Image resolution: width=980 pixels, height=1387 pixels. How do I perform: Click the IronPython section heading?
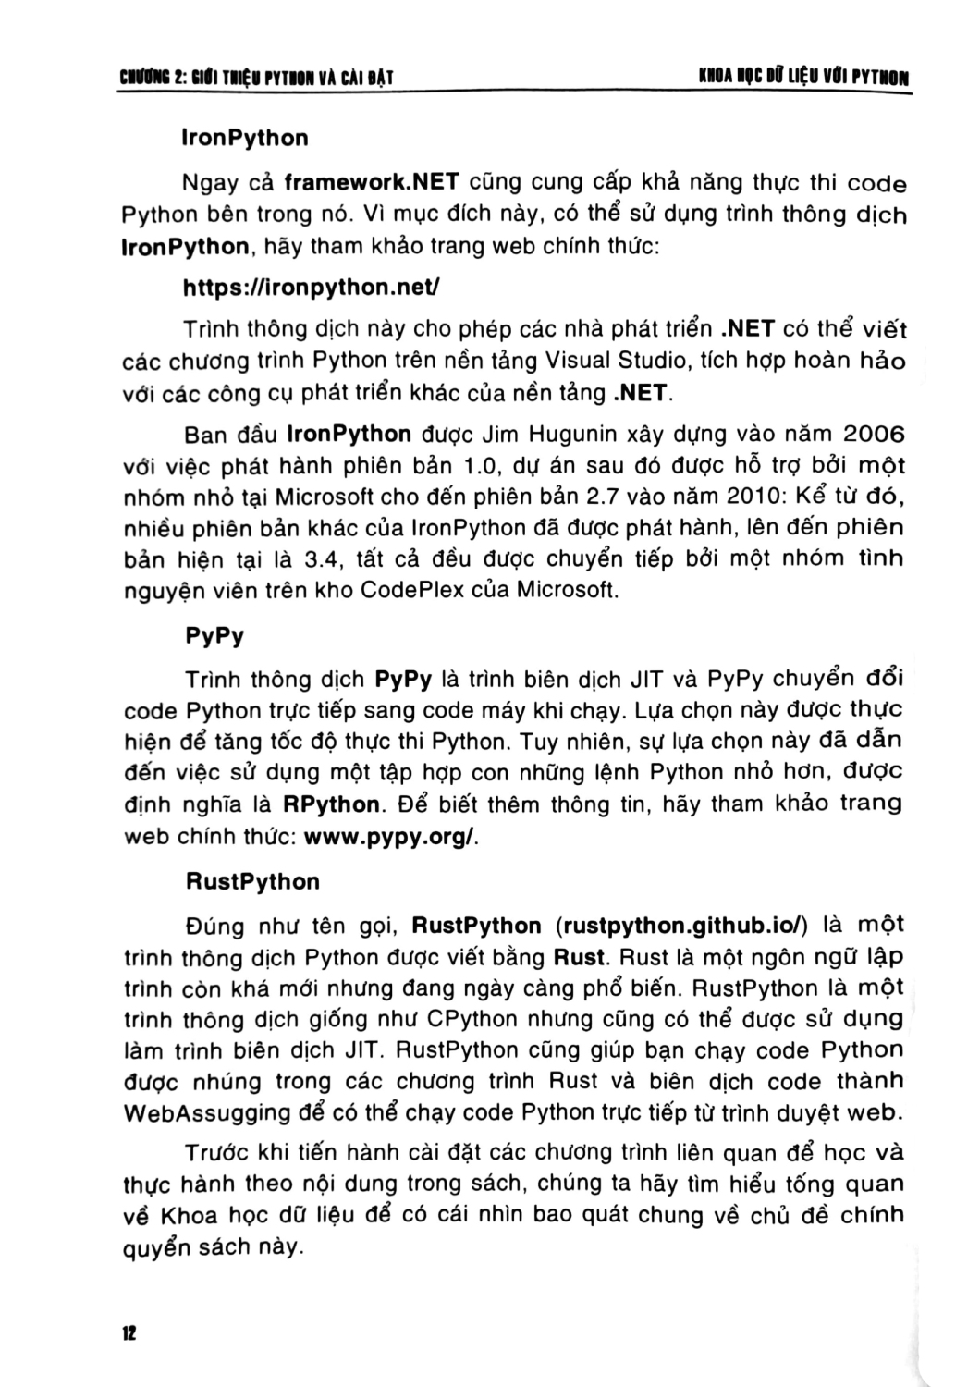pos(246,139)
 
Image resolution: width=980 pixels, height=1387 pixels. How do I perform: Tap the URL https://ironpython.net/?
pos(311,288)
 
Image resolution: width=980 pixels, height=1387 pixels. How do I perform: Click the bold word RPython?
pos(332,804)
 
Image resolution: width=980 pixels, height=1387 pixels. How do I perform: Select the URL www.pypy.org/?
pos(390,837)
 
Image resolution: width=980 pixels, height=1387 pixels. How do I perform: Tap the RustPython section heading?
pos(252,881)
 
